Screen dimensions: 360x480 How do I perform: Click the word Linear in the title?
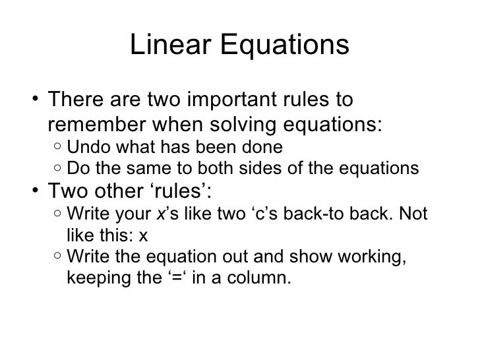pos(169,45)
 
